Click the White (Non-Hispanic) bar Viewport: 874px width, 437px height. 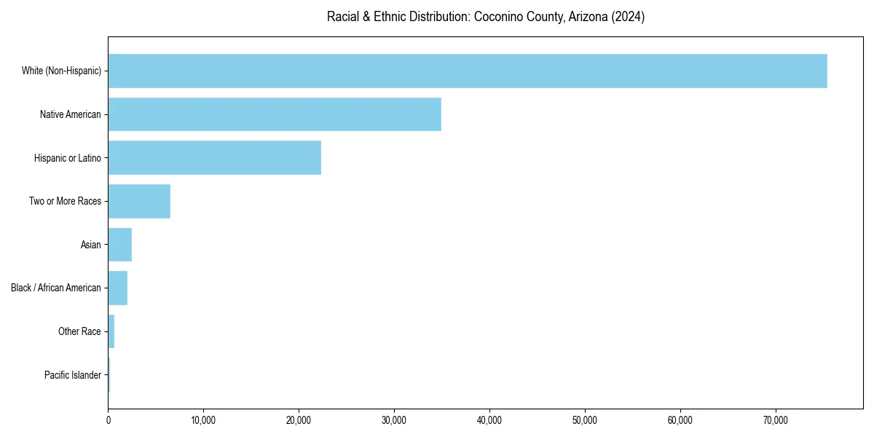[x=467, y=71]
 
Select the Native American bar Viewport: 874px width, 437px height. [x=275, y=114]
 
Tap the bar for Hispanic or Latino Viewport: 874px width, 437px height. [x=214, y=158]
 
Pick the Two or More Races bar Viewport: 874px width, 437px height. [x=139, y=201]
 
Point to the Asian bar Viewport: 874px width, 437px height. [x=119, y=245]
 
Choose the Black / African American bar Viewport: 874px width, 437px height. [x=117, y=288]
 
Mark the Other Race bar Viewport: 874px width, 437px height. [x=111, y=331]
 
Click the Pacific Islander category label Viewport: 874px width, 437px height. [x=73, y=375]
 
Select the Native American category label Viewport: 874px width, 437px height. [x=71, y=114]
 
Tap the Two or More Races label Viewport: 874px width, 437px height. [x=65, y=201]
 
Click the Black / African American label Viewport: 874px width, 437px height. [x=56, y=288]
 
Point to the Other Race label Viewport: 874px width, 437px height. [x=79, y=331]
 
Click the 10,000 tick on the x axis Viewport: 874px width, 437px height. [x=203, y=420]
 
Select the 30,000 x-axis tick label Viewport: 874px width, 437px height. [x=394, y=420]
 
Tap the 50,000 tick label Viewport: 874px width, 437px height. [x=585, y=420]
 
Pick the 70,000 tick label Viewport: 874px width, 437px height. [x=776, y=420]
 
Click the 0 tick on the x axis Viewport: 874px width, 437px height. [x=109, y=420]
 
